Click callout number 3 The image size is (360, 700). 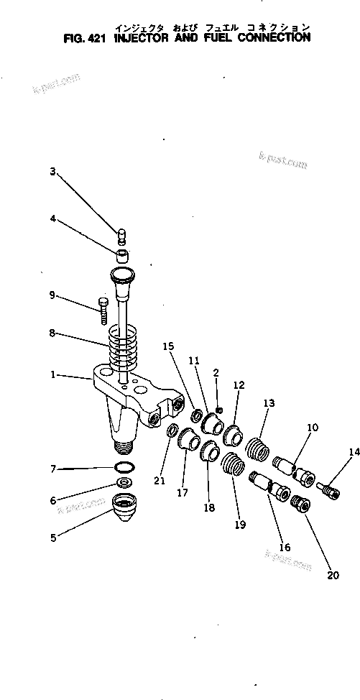(x=52, y=171)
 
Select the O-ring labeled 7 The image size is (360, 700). (x=124, y=469)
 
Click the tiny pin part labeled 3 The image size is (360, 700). (x=122, y=234)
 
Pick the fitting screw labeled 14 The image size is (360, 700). (x=328, y=492)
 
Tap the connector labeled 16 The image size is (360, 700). (x=269, y=487)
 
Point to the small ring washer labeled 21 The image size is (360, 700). (x=172, y=430)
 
